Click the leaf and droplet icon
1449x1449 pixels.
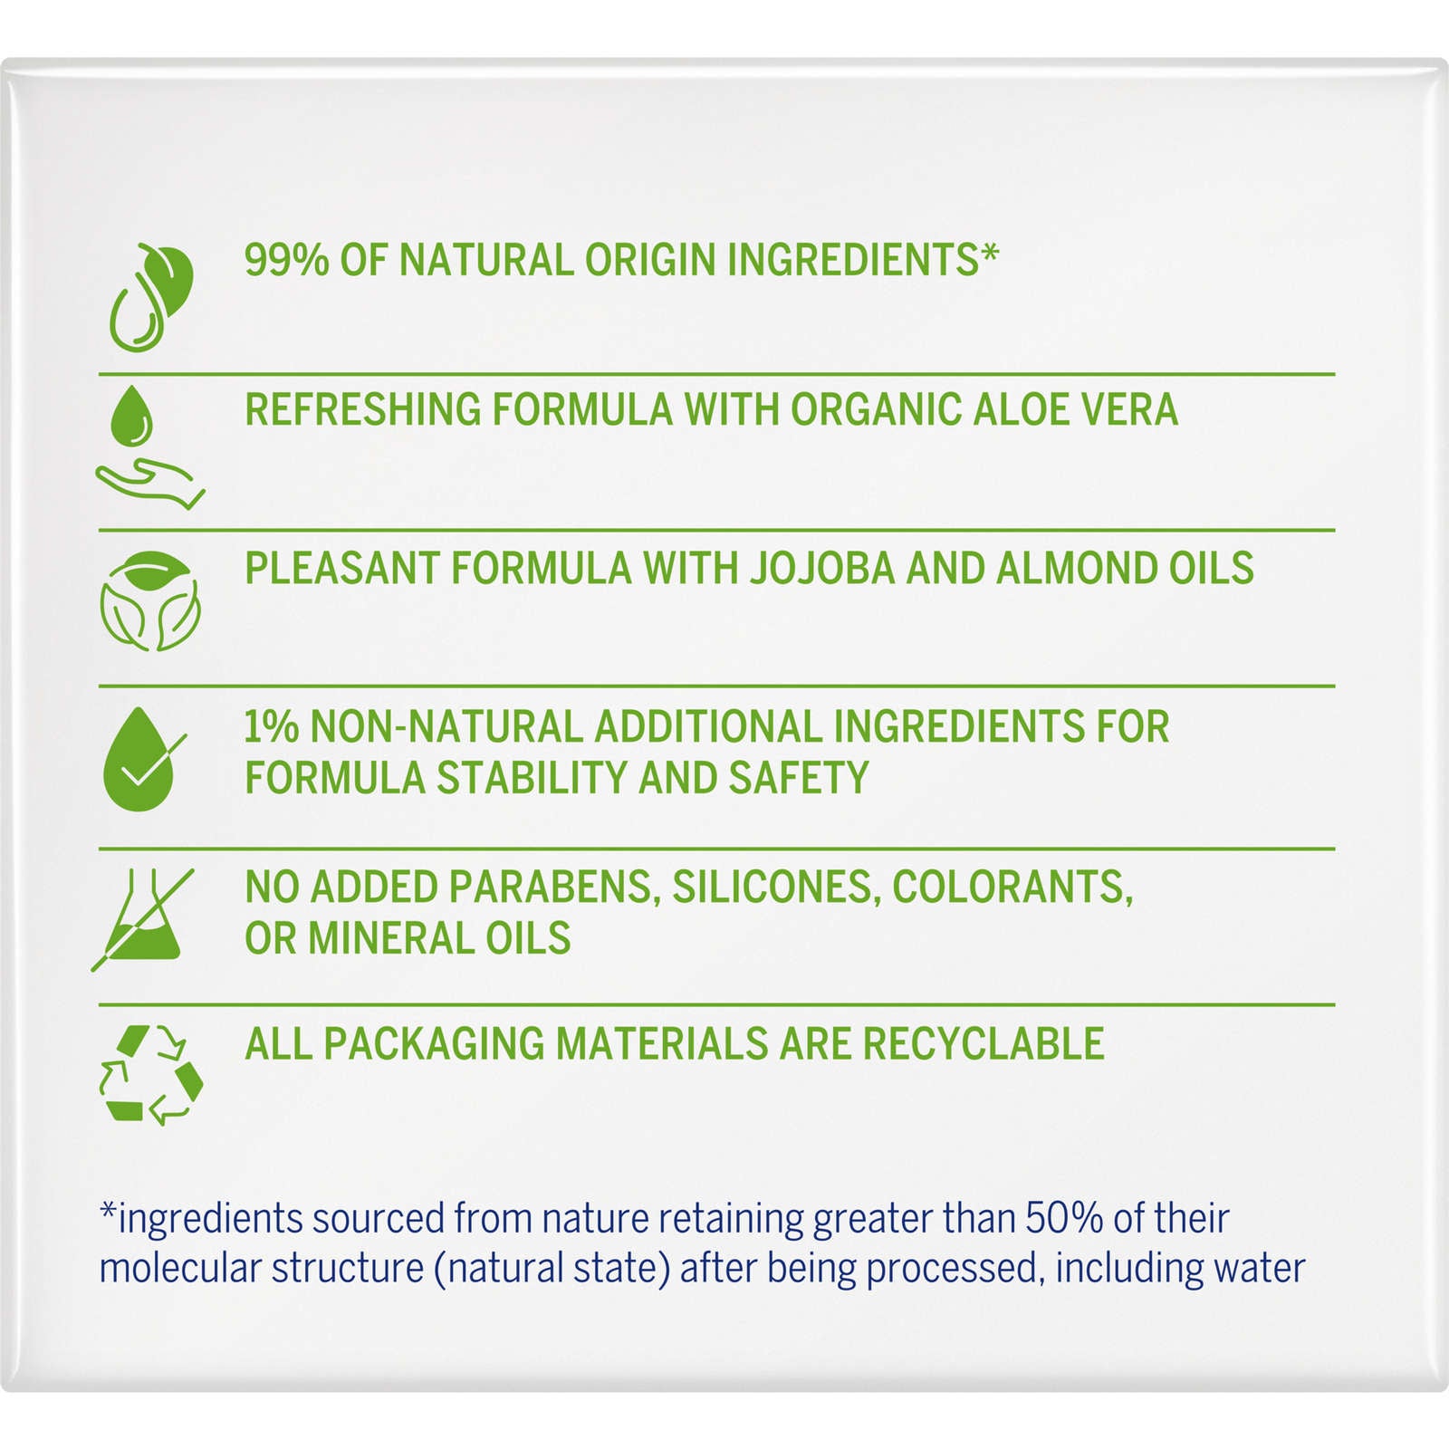point(151,296)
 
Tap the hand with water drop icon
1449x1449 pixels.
point(150,447)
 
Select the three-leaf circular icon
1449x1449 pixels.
point(150,601)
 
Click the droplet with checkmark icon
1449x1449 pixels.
point(143,759)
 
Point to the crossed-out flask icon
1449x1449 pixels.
point(143,919)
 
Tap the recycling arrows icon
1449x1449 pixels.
point(150,1075)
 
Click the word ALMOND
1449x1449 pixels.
point(1076,569)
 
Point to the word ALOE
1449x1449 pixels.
point(1019,409)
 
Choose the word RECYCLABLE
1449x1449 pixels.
point(984,1043)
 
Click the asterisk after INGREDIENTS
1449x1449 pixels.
point(990,251)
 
